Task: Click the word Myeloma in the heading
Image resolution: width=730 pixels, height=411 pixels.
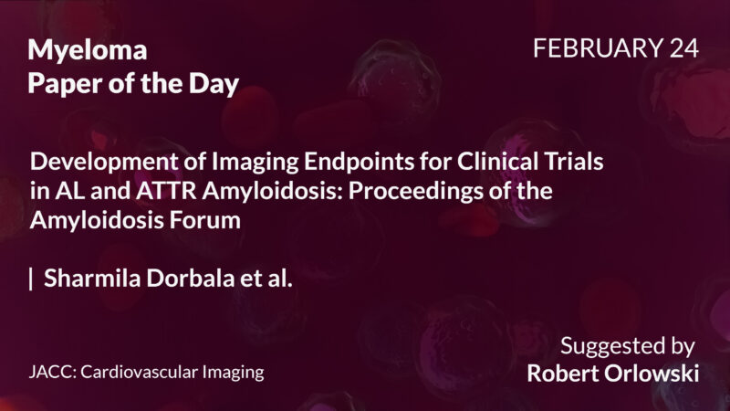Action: point(88,51)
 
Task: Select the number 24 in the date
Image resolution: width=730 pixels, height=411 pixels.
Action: point(682,49)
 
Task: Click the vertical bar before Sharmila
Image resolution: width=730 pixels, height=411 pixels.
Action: point(32,279)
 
